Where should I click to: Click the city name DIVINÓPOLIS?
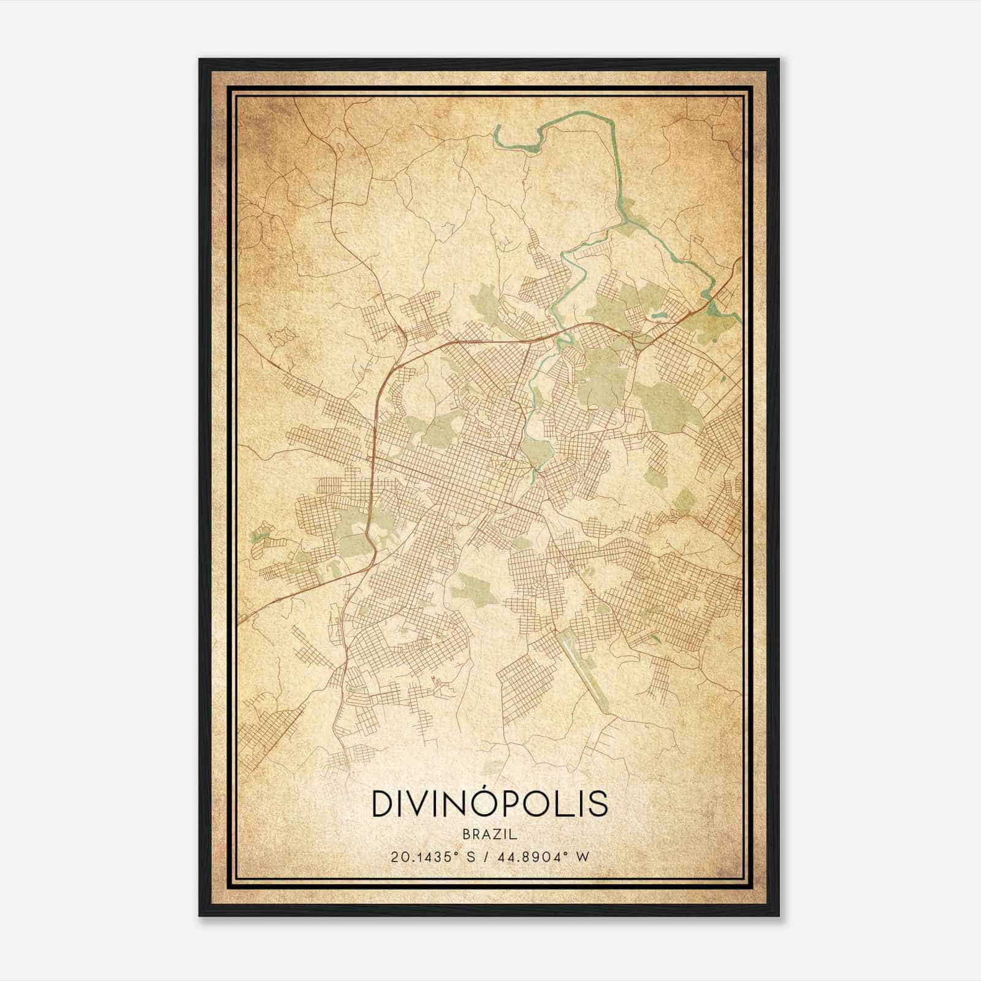[490, 804]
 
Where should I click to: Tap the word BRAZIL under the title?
[490, 835]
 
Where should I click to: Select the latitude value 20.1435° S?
[430, 857]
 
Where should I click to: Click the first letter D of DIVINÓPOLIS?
[381, 804]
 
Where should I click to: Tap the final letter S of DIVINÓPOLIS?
[599, 804]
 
